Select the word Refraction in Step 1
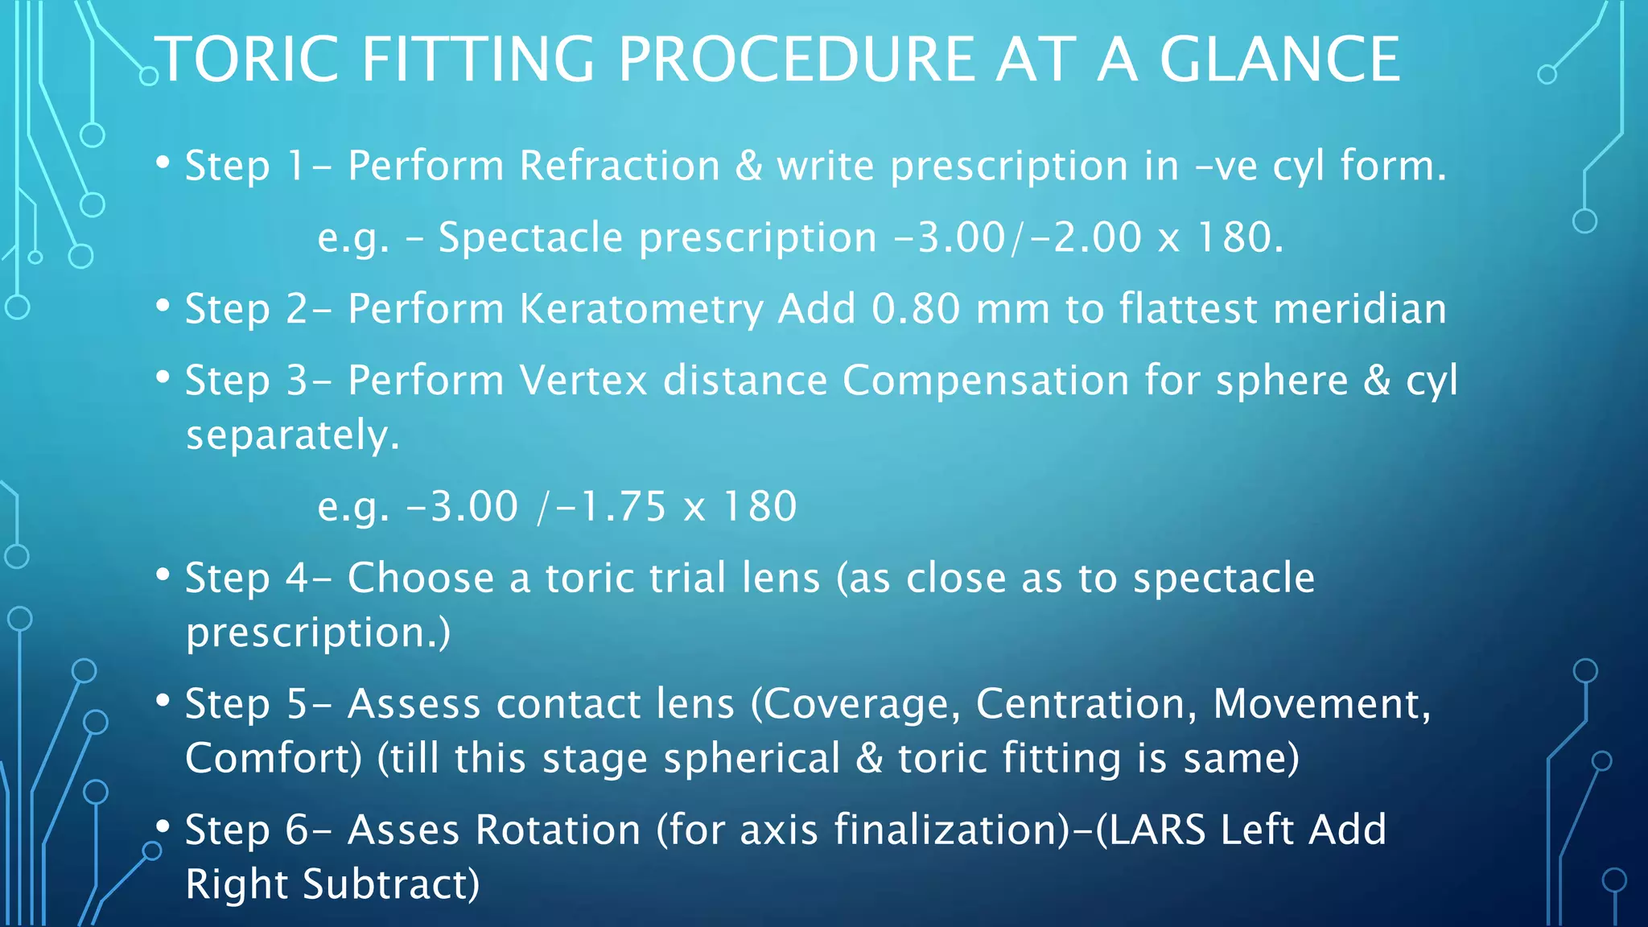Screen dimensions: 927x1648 click(x=620, y=167)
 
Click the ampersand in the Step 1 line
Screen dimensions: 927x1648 click(x=748, y=167)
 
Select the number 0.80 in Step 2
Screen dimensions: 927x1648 click(x=916, y=310)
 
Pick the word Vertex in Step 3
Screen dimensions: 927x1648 click(x=583, y=381)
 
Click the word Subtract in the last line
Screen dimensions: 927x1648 click(x=390, y=884)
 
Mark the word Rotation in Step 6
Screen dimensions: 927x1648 click(x=558, y=830)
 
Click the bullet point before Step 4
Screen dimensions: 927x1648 click(x=163, y=575)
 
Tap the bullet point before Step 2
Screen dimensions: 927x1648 click(x=163, y=307)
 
